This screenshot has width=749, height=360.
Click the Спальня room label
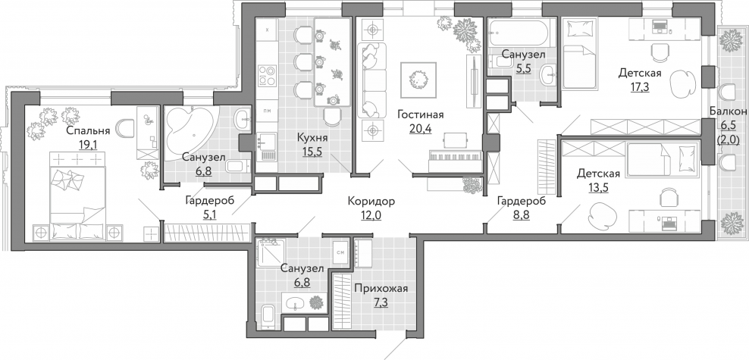[x=88, y=130]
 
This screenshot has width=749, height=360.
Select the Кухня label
[x=312, y=138]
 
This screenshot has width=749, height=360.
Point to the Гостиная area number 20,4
[x=420, y=128]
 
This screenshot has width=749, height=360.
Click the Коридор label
[x=371, y=201]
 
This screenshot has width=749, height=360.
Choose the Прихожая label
[x=381, y=289]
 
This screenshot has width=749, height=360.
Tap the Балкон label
[x=728, y=111]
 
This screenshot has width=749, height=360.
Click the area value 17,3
[x=640, y=87]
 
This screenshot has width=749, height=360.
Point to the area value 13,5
[x=599, y=187]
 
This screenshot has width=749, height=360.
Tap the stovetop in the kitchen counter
[x=267, y=76]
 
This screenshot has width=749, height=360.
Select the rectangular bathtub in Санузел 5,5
[x=522, y=33]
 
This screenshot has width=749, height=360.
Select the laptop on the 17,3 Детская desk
[x=660, y=27]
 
